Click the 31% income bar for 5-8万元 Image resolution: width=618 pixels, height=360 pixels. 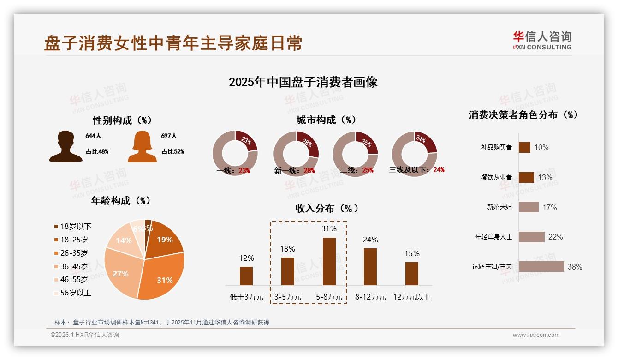coord(329,261)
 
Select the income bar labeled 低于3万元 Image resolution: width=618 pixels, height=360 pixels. coord(246,276)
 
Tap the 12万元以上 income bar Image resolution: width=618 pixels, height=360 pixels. coord(412,273)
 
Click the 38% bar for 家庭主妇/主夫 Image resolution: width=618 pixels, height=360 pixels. coord(541,267)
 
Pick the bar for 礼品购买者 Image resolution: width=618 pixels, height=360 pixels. coord(524,147)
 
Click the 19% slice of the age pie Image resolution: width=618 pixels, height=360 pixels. coord(163,239)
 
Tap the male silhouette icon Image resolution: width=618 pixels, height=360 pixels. coord(65,147)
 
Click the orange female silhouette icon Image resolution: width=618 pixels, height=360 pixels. coord(143,147)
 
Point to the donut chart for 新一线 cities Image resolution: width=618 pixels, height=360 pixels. coord(296,153)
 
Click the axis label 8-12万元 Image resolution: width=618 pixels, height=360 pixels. coord(370,297)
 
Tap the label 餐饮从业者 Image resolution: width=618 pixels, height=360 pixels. coord(496,177)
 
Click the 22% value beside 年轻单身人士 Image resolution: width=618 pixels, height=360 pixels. coord(556,237)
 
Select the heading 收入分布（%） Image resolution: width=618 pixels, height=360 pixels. coord(327,208)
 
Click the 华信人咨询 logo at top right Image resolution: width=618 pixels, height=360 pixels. coord(542,40)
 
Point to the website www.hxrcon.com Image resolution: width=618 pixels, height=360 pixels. coord(536,335)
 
